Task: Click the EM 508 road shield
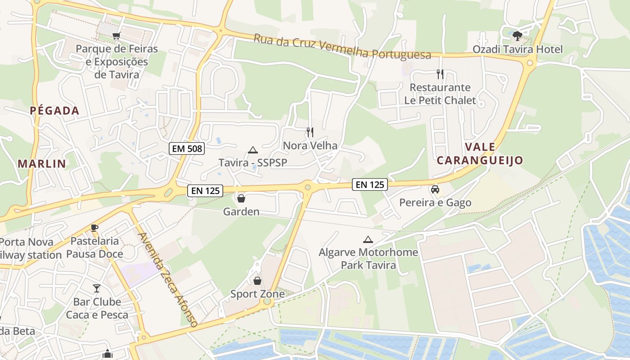point(187,148)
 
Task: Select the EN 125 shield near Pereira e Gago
point(370,184)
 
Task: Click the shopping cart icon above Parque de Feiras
point(117,36)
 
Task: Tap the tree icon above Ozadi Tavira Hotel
point(517,36)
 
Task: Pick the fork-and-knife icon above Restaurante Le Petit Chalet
point(440,74)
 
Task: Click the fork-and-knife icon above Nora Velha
point(310,132)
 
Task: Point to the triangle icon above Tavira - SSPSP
point(252,150)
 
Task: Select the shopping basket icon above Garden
point(241,198)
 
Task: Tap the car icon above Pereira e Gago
point(435,189)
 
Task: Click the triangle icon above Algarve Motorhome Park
point(368,239)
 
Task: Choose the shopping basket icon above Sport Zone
point(257,281)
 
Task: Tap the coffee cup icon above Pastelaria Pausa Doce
point(94,228)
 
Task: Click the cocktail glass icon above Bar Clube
point(97,288)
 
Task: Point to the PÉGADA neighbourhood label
point(54,111)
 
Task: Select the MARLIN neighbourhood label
point(42,164)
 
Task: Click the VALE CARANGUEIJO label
point(480,153)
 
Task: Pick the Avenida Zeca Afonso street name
point(168,279)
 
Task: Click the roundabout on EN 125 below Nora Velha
point(308,187)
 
